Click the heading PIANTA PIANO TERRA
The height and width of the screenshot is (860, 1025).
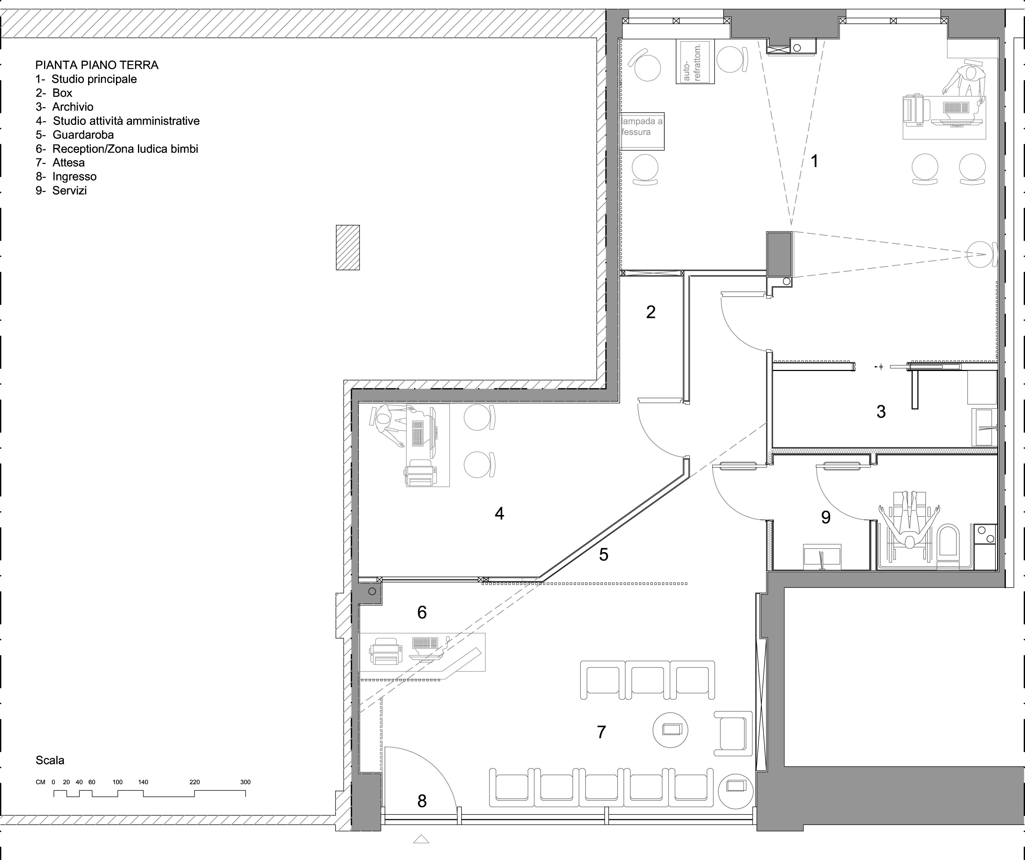coord(97,65)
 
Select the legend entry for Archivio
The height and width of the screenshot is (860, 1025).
coord(64,107)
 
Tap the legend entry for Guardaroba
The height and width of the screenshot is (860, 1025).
coord(75,135)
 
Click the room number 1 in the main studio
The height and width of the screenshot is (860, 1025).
coord(814,161)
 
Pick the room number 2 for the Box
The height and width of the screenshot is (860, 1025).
coord(650,312)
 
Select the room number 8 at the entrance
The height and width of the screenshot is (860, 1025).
coord(422,800)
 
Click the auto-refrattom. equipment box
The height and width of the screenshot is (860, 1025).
coord(695,62)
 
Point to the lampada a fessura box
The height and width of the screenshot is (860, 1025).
coord(642,132)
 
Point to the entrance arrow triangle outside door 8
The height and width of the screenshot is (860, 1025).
coord(421,839)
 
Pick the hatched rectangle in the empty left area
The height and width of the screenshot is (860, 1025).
coord(347,247)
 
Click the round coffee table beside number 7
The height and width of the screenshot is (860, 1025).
coord(671,730)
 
